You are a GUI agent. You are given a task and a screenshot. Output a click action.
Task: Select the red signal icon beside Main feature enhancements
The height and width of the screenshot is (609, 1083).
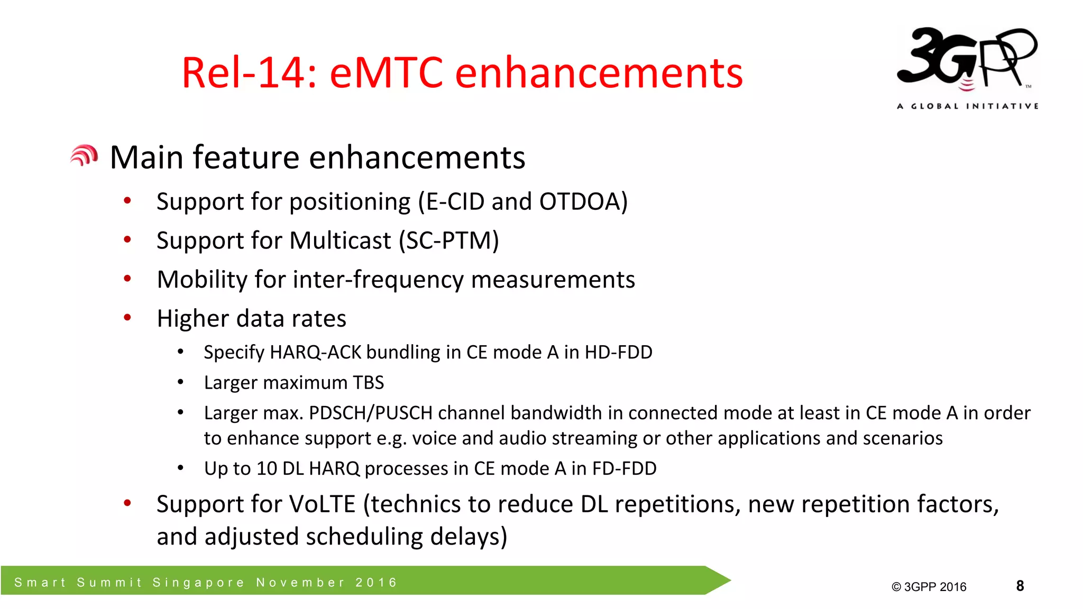84,156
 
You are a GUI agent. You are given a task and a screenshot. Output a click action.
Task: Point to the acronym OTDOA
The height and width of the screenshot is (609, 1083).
579,202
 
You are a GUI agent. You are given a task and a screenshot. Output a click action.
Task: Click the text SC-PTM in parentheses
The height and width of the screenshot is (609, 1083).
448,241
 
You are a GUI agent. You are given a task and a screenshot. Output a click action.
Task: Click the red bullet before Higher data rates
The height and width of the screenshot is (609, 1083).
127,318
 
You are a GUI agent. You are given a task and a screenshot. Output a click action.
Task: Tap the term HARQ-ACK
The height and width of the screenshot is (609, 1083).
315,352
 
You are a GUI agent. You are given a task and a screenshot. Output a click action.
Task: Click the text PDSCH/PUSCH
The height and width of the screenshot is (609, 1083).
371,413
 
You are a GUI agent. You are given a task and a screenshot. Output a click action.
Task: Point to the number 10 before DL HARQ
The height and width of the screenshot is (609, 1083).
267,468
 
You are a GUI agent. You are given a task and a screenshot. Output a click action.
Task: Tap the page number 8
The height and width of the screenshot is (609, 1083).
1020,586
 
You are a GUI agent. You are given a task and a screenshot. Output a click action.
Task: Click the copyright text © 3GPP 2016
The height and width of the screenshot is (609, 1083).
929,587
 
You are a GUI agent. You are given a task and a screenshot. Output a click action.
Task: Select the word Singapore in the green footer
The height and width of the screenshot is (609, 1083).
198,583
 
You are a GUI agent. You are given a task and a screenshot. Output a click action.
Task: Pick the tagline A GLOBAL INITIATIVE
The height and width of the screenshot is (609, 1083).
967,106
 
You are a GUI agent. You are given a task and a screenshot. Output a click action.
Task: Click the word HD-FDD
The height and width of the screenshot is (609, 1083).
618,352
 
